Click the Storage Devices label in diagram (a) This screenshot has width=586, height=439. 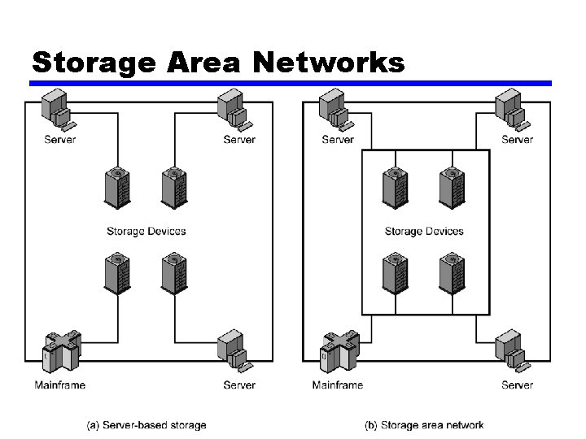click(146, 231)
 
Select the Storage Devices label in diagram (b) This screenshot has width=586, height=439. click(424, 231)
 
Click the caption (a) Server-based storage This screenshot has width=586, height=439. click(146, 424)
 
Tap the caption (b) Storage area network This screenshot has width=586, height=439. click(424, 424)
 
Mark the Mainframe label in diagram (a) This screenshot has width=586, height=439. click(60, 385)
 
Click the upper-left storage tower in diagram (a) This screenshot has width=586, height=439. click(117, 189)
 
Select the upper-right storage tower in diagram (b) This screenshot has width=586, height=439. click(451, 189)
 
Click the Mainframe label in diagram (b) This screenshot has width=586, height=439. click(338, 385)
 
